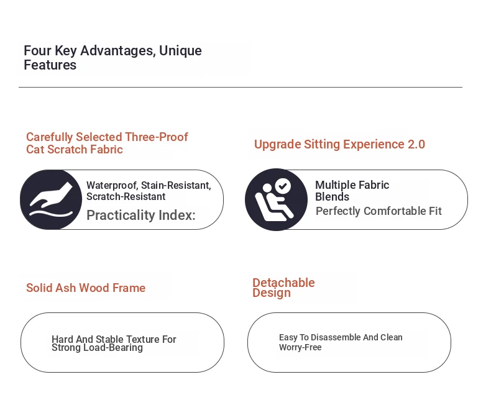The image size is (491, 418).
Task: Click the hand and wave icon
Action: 51,199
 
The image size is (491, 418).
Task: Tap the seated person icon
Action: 276,199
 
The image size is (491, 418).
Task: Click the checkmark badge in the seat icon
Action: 283,186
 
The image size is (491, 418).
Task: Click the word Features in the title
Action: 50,65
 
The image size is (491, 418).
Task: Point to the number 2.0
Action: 416,144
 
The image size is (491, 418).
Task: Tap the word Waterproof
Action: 112,186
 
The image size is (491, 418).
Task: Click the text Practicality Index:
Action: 141,216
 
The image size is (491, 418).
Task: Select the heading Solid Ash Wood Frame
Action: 86,288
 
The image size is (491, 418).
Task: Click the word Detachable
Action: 283,282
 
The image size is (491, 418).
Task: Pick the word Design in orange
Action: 272,293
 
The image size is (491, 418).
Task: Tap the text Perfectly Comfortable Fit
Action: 379,211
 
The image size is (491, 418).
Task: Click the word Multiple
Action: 336,185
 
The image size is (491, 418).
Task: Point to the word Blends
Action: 333,197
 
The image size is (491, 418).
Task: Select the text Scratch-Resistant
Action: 126,197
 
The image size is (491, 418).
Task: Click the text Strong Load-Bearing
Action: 97,348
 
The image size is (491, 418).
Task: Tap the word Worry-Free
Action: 300,347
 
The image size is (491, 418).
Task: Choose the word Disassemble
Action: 336,337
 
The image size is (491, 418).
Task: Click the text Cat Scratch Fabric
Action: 75,150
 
